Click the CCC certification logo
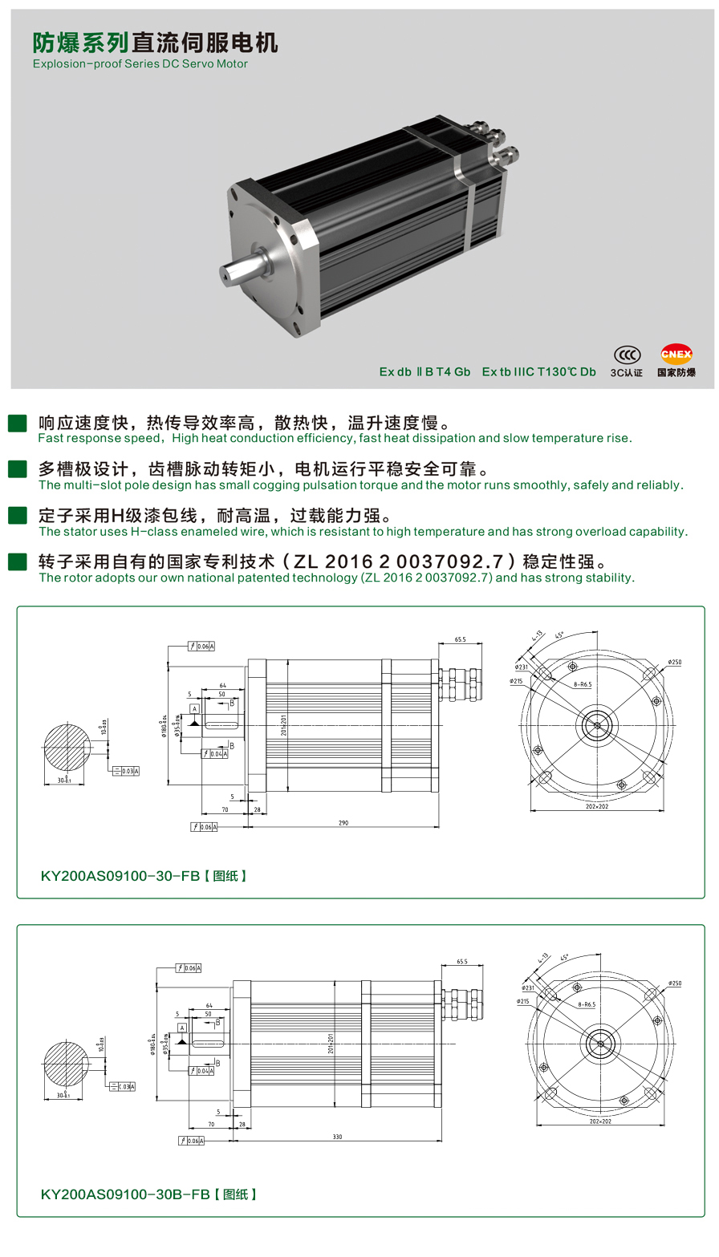click(627, 355)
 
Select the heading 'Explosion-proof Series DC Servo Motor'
click(140, 63)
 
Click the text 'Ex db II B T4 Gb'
click(424, 371)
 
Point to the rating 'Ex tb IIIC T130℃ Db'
click(538, 371)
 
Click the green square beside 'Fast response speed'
click(17, 423)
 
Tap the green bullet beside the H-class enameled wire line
click(17, 516)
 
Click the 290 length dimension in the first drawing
click(343, 822)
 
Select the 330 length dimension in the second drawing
click(337, 1137)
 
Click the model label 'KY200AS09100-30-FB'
click(120, 876)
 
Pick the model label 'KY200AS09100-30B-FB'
click(125, 1194)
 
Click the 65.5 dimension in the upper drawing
click(460, 640)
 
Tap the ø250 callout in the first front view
click(674, 663)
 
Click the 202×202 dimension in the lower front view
click(599, 1121)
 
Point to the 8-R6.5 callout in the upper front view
click(582, 684)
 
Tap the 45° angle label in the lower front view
click(564, 957)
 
